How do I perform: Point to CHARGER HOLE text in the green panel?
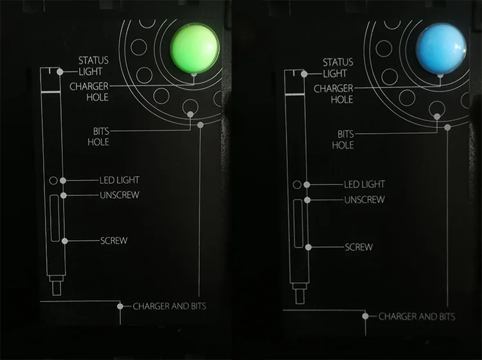(x=89, y=91)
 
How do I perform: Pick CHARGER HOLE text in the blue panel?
(x=334, y=94)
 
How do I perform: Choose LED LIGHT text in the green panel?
(x=119, y=181)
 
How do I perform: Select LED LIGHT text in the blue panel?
(x=364, y=184)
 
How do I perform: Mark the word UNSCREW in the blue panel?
(x=365, y=199)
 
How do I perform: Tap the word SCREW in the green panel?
(x=114, y=241)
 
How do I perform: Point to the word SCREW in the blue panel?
(x=359, y=247)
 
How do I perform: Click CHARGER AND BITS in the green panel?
(x=170, y=306)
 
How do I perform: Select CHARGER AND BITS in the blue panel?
(x=416, y=316)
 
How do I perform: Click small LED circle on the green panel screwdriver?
(x=53, y=181)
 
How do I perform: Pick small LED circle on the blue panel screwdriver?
(x=297, y=184)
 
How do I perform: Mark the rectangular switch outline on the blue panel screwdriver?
(x=299, y=224)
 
